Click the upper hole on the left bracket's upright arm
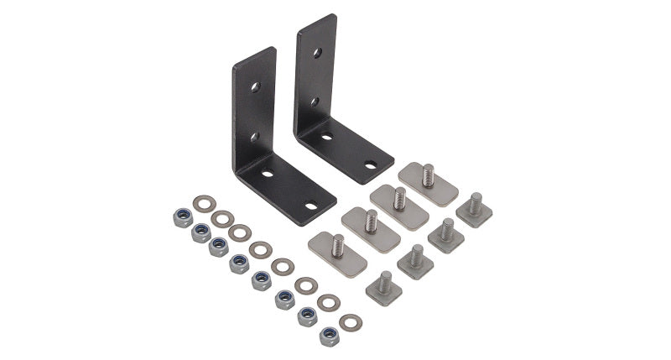(x=254, y=86)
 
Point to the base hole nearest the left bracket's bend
(x=267, y=174)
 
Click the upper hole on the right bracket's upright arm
(x=316, y=53)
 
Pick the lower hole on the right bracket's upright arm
(x=315, y=102)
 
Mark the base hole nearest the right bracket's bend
(x=326, y=135)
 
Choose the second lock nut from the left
(x=200, y=233)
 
